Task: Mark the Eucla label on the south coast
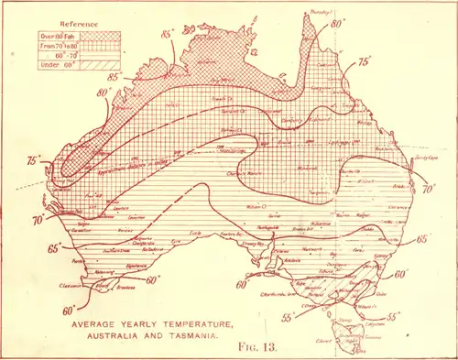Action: pyautogui.click(x=193, y=235)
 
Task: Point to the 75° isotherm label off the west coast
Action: pyautogui.click(x=36, y=161)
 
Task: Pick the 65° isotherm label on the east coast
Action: pyautogui.click(x=422, y=239)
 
